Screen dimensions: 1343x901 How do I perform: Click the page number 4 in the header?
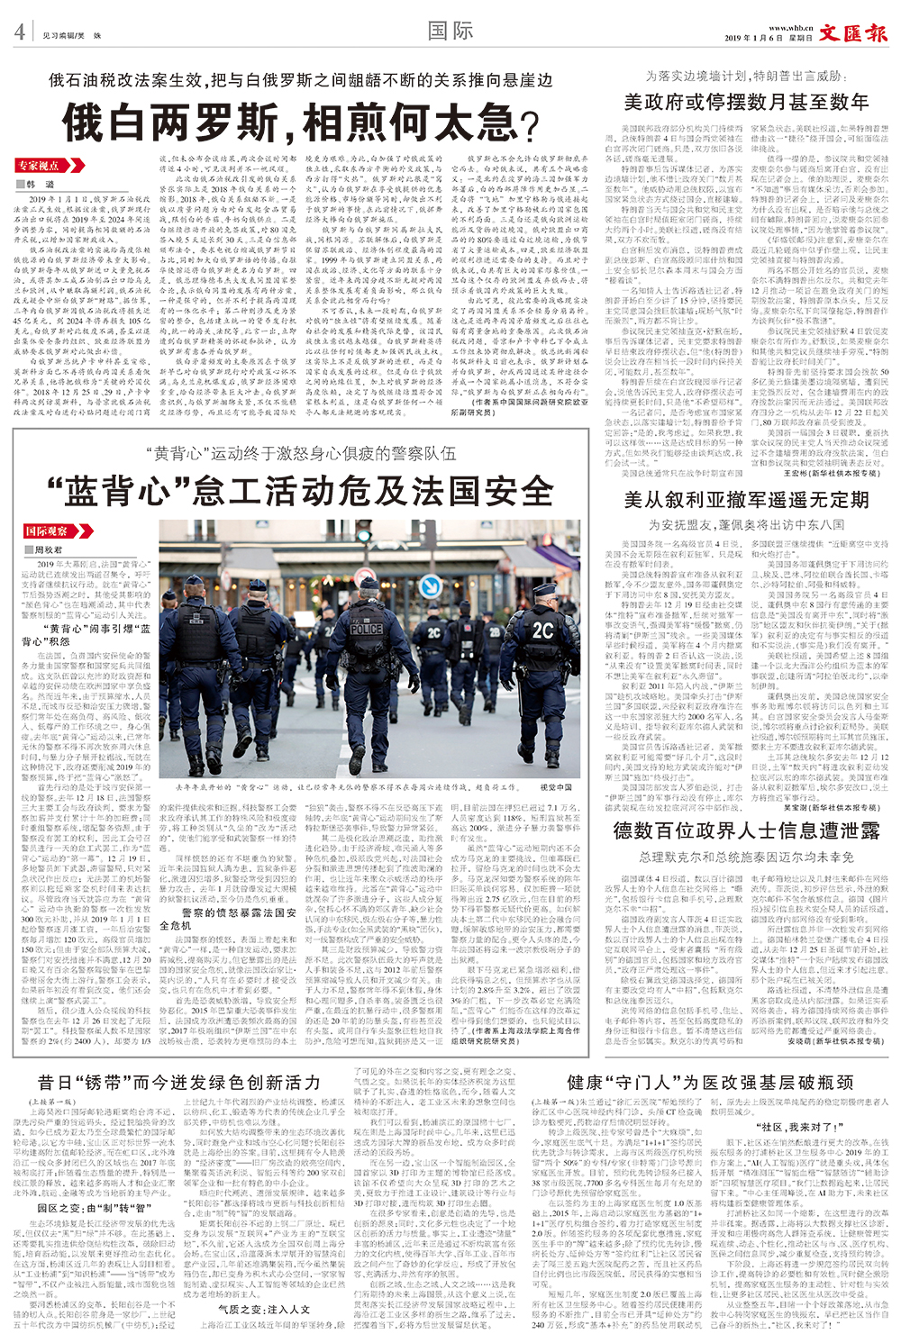(x=19, y=32)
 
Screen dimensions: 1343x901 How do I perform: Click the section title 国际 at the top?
(x=450, y=31)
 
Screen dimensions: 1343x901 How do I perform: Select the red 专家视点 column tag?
(x=38, y=166)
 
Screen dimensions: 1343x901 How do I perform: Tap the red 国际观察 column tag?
(x=47, y=531)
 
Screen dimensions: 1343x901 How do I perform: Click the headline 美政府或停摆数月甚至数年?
(x=746, y=102)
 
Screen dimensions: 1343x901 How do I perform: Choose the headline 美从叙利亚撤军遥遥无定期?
(x=746, y=501)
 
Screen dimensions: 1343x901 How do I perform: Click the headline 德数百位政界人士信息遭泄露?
(x=746, y=830)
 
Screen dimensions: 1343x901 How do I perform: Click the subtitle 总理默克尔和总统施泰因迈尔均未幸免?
(x=746, y=857)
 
